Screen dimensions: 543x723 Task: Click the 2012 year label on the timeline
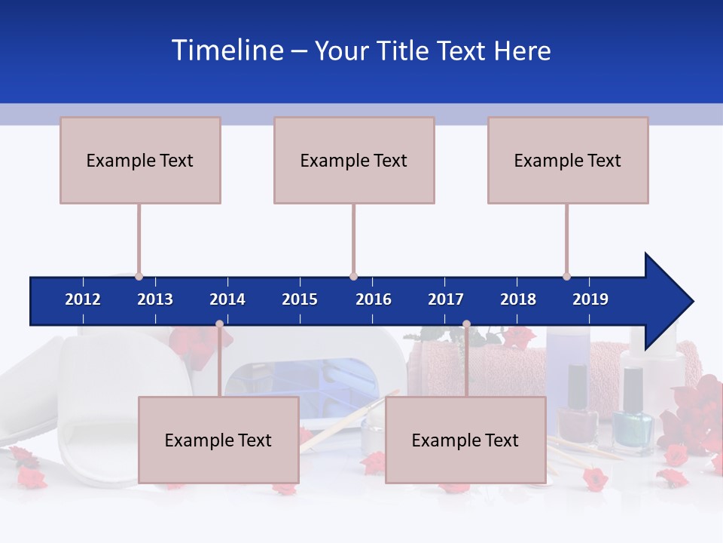(x=83, y=299)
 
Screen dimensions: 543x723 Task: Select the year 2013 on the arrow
(x=155, y=299)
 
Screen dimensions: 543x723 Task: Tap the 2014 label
(x=227, y=299)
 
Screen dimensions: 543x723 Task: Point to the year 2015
(x=300, y=299)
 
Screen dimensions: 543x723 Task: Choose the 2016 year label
(x=374, y=299)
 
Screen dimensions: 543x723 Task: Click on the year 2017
(x=446, y=299)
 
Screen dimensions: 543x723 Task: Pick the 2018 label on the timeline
(x=518, y=299)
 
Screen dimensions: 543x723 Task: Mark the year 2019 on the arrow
(x=590, y=299)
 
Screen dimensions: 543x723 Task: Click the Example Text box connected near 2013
(x=140, y=160)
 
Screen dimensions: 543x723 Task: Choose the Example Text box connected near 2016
(x=354, y=160)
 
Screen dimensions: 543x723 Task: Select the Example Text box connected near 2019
(x=568, y=160)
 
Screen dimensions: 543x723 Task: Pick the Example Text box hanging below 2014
(x=218, y=440)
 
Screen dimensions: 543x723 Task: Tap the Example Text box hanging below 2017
(x=465, y=440)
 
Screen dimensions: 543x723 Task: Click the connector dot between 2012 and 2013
(x=139, y=276)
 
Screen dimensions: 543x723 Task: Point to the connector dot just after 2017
(x=466, y=324)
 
